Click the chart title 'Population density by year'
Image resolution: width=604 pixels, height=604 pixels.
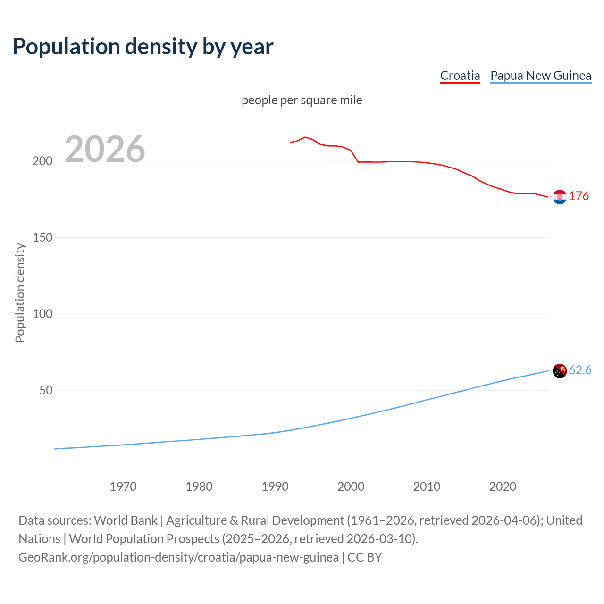coord(143,46)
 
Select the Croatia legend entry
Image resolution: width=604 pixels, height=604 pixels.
coord(460,75)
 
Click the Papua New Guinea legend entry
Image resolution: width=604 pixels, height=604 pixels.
coord(540,75)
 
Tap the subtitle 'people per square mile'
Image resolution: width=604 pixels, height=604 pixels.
coord(302,100)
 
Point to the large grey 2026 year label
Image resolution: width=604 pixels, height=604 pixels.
coord(105,149)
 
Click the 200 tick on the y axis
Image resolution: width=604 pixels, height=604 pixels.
coord(42,161)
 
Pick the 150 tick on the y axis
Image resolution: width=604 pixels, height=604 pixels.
coord(42,237)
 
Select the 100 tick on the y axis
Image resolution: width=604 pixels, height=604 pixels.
coord(42,314)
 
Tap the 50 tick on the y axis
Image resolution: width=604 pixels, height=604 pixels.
coord(46,390)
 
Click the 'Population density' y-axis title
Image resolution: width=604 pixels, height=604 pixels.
coord(20,293)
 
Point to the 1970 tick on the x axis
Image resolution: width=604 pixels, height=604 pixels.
coord(123,487)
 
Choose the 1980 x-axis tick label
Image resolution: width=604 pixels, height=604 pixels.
coord(199,487)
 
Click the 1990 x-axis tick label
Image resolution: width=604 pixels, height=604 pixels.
coord(275,487)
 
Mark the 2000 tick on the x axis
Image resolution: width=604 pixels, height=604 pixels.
coord(351,487)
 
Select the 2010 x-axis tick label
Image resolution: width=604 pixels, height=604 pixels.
coord(427,487)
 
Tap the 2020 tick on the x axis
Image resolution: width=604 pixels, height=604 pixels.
coord(503,487)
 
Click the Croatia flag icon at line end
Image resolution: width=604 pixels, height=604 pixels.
coord(560,197)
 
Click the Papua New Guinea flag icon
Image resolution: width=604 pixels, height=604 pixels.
coord(560,371)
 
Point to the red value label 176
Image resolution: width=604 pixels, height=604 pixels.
coord(579,196)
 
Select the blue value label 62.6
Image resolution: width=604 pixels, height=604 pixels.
coord(580,370)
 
